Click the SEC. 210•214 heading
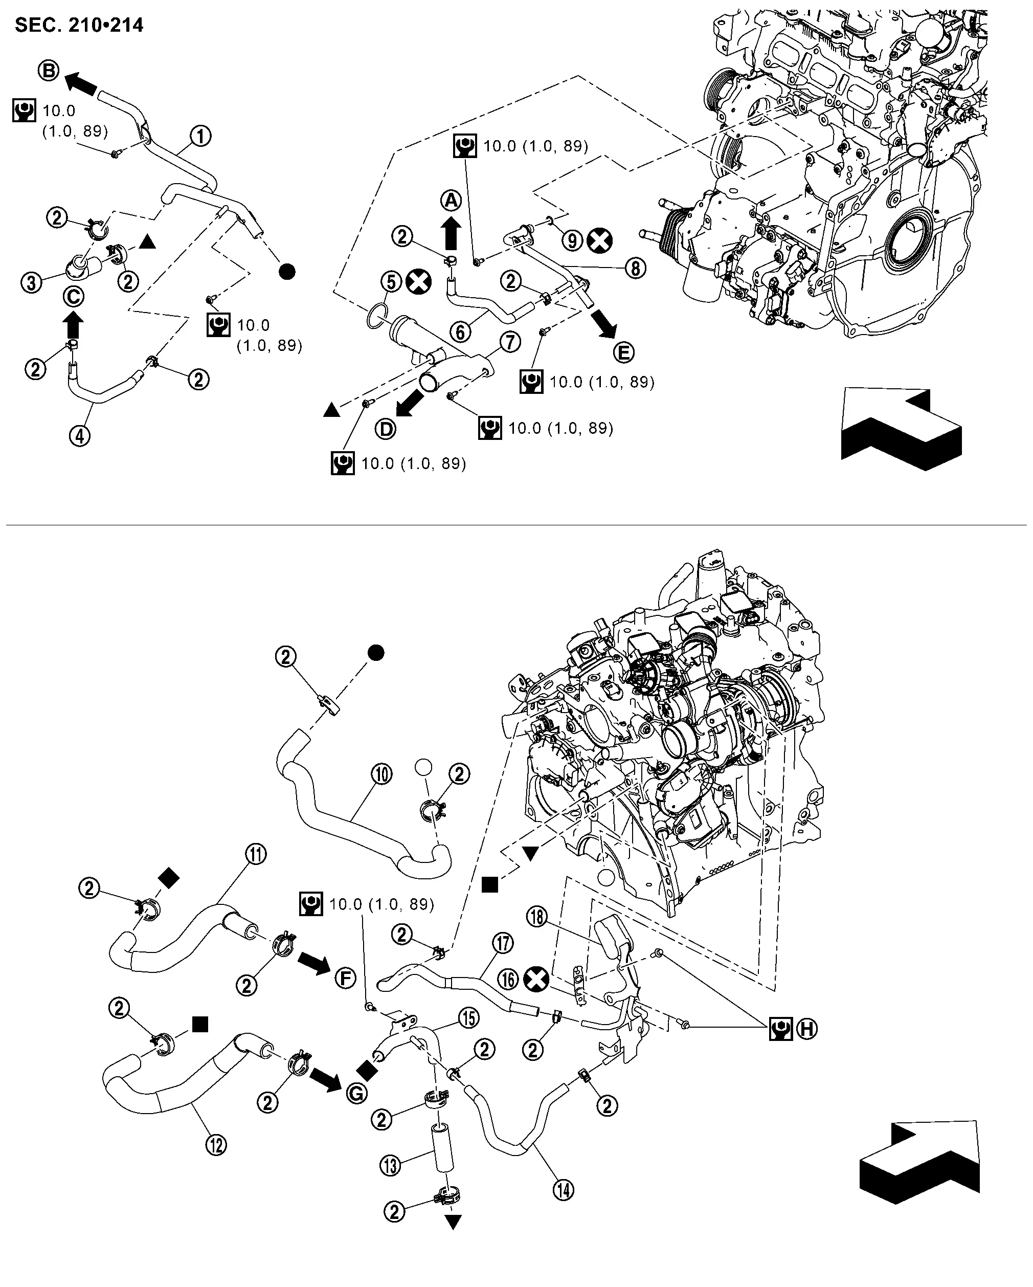point(79,25)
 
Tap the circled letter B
point(49,71)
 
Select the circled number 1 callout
point(201,136)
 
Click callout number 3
point(32,282)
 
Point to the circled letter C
point(74,297)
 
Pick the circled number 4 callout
point(80,436)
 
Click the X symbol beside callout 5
point(418,281)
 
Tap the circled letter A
point(451,200)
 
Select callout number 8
point(636,269)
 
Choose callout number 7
point(510,342)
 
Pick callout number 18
point(537,916)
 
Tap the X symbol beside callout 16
point(536,979)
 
